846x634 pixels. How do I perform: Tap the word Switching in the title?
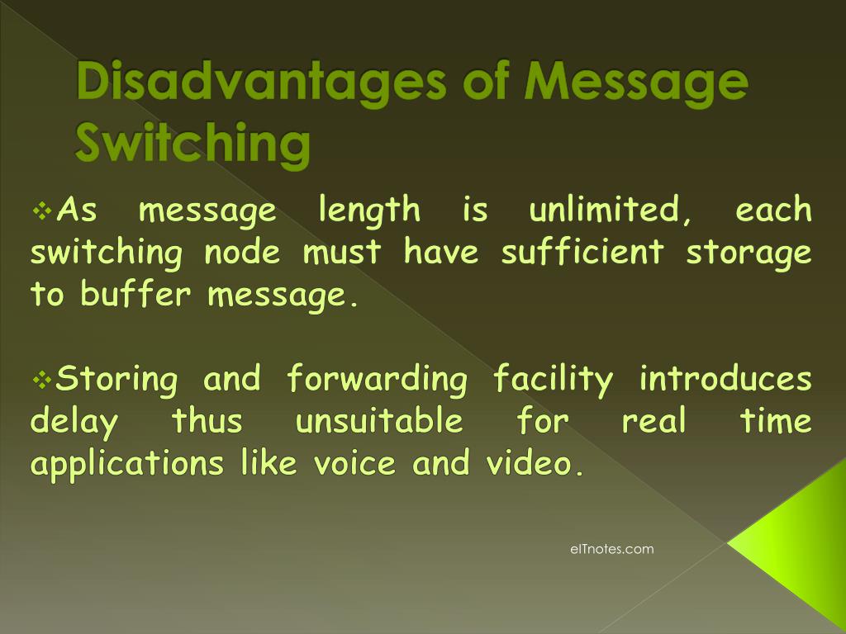coord(192,142)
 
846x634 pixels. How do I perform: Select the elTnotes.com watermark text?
coord(611,549)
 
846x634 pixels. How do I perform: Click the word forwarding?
coord(378,381)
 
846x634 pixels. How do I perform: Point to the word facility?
coord(553,381)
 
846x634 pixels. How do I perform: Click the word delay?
coord(74,423)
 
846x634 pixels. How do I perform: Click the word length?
coord(369,212)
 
